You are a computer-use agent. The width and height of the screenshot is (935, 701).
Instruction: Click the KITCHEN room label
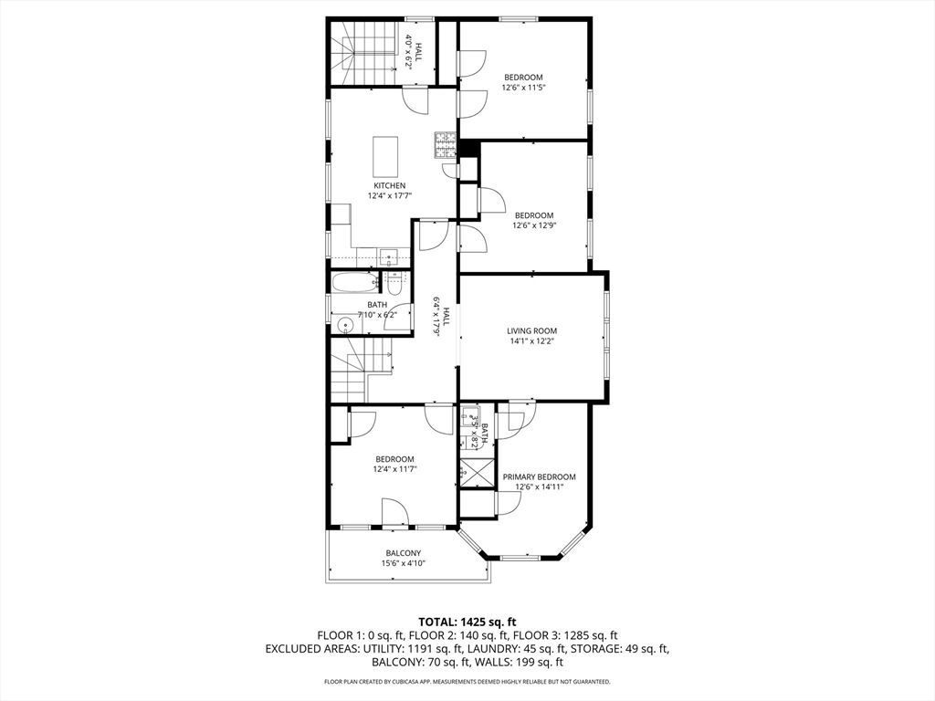click(x=389, y=185)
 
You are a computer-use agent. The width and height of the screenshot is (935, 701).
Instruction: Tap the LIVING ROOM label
click(x=532, y=330)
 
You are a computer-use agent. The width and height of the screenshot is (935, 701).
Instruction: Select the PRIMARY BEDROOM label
click(x=539, y=476)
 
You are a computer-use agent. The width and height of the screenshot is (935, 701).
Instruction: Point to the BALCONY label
click(x=403, y=553)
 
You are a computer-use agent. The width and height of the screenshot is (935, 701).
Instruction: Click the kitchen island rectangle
click(x=385, y=154)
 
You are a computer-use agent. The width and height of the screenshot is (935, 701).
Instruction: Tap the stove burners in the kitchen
click(x=445, y=145)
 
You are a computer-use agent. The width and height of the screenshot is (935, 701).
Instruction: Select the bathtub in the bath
click(x=355, y=283)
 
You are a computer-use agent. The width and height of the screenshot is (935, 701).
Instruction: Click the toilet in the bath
click(x=394, y=285)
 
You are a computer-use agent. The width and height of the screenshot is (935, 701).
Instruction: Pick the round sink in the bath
click(x=344, y=325)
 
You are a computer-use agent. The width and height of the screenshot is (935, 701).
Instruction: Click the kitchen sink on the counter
click(x=389, y=258)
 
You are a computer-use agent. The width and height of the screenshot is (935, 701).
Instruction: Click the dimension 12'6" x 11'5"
click(x=523, y=88)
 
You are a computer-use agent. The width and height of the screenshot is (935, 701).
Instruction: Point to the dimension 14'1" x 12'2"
click(x=532, y=341)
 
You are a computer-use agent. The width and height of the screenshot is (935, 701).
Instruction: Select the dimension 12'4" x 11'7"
click(x=394, y=469)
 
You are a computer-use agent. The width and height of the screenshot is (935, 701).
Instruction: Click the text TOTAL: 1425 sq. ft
click(x=467, y=623)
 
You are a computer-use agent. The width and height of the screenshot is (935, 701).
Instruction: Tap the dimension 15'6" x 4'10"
click(x=403, y=563)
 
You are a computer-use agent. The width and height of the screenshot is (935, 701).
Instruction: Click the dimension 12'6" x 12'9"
click(x=534, y=226)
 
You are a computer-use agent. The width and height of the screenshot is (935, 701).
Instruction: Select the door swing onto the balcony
click(x=394, y=513)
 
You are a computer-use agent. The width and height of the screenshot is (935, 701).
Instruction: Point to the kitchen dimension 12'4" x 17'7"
click(x=390, y=195)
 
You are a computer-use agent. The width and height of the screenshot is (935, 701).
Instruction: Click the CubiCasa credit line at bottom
click(x=467, y=681)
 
